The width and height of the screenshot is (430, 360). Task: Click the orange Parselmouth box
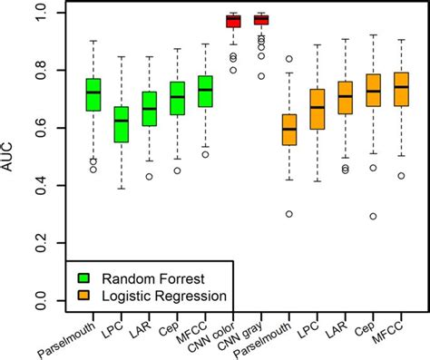[x=289, y=130]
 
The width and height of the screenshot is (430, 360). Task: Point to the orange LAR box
[x=345, y=97]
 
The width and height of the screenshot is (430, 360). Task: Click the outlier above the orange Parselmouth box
[x=289, y=59]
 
